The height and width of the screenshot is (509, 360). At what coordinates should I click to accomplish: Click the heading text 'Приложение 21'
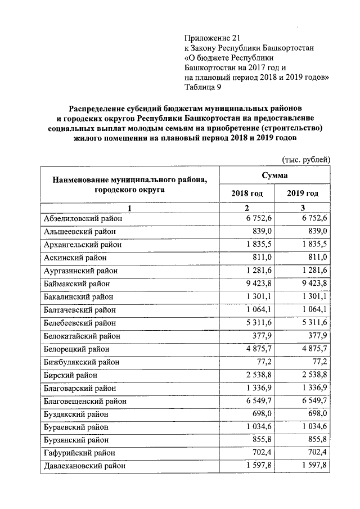tap(208, 38)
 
